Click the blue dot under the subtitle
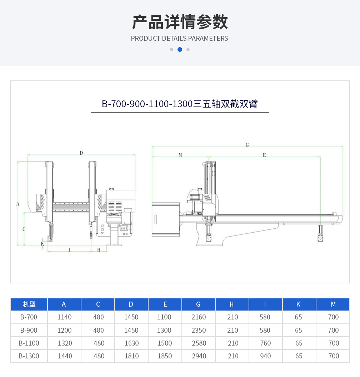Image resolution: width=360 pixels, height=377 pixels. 180,50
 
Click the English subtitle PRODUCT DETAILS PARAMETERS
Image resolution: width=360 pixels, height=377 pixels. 179,39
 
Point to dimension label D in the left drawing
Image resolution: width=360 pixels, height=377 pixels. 81,153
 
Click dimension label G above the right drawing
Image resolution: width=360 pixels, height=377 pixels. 247,145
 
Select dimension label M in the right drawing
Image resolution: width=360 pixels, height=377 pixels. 180,155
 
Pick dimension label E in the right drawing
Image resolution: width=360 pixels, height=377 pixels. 264,155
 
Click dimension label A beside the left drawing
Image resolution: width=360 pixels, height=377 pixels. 18,204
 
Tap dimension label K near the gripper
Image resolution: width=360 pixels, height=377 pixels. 42,244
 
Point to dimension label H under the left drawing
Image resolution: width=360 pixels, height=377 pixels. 99,250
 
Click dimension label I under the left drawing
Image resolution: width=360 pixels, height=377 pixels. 69,250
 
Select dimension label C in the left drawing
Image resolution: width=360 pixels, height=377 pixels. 24,229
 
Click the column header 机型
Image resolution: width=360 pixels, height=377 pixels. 29,304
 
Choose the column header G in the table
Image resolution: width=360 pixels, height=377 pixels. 198,304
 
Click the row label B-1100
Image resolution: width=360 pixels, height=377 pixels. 29,343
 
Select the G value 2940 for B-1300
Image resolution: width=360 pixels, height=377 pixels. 199,356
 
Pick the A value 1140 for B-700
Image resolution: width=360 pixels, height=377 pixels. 64,317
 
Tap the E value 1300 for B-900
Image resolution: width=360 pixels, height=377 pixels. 164,330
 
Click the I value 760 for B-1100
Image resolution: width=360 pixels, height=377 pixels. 266,343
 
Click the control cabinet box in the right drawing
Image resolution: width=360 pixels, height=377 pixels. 166,219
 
